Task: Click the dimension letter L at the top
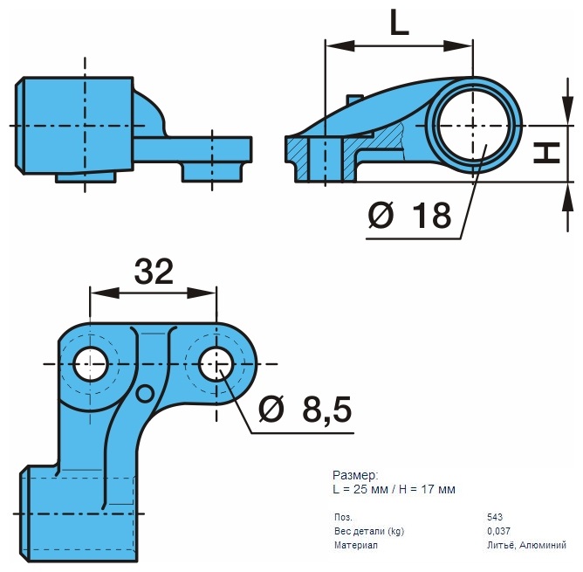pyautogui.click(x=400, y=22)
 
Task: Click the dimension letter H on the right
pyautogui.click(x=546, y=153)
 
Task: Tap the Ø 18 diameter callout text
pyautogui.click(x=409, y=215)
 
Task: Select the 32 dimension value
pyautogui.click(x=154, y=271)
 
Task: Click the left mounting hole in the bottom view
pyautogui.click(x=91, y=364)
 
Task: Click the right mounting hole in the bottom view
pyautogui.click(x=216, y=364)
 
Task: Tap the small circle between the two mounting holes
pyautogui.click(x=145, y=394)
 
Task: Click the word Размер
pyautogui.click(x=355, y=475)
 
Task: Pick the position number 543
pyautogui.click(x=495, y=517)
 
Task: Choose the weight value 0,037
pyautogui.click(x=498, y=531)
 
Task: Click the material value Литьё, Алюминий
pyautogui.click(x=526, y=545)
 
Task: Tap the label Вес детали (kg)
pyautogui.click(x=369, y=532)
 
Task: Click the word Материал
pyautogui.click(x=356, y=545)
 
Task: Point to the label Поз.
pyautogui.click(x=343, y=517)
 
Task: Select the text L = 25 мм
pyautogui.click(x=359, y=489)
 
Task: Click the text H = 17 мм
pyautogui.click(x=427, y=489)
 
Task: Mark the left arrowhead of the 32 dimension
pyautogui.click(x=105, y=293)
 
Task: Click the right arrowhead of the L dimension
pyautogui.click(x=458, y=46)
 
